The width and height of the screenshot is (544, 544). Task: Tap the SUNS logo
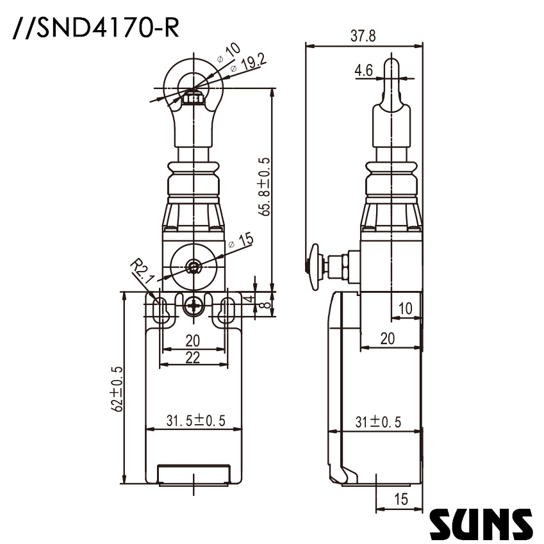(481, 523)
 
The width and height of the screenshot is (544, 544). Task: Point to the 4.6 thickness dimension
(363, 71)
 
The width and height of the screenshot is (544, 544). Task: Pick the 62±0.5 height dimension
(116, 388)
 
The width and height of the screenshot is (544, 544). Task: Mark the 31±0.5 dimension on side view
(378, 422)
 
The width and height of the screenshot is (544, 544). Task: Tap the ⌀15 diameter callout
(242, 241)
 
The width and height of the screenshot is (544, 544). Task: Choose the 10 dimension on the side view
(405, 308)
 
